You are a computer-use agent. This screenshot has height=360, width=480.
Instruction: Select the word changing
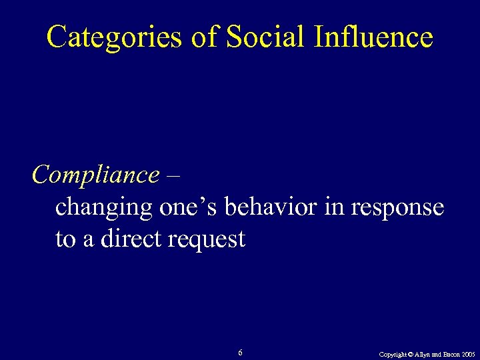click(x=103, y=208)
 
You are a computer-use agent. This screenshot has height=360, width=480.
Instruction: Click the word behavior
click(x=271, y=207)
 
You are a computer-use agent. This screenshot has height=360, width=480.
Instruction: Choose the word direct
click(x=129, y=239)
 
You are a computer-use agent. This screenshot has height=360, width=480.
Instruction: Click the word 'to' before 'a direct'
click(x=65, y=239)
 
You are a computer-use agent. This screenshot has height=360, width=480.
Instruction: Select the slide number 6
click(x=240, y=353)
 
